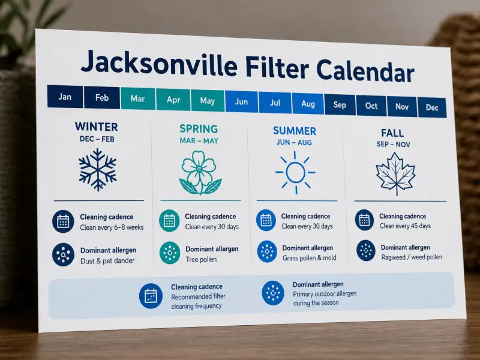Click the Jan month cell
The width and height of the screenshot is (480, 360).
point(65,97)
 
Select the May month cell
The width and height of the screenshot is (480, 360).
point(208,100)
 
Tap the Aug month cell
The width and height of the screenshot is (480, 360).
point(308,104)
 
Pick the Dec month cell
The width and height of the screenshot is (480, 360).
point(431,107)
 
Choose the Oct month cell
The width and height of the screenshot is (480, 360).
point(371,106)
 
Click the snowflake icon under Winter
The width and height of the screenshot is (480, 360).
point(98,169)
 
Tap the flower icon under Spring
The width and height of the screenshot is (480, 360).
point(200,172)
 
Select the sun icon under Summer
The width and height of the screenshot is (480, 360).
point(295,172)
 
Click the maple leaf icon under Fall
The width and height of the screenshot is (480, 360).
point(395,173)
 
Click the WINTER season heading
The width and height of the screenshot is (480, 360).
point(96,127)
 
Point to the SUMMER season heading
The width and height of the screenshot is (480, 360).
point(295,131)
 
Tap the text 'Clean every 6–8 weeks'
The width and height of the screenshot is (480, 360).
point(112,227)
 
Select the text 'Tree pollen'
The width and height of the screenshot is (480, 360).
point(201,259)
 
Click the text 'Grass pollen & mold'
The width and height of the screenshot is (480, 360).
point(309,258)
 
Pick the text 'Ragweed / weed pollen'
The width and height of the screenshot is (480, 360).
point(412,257)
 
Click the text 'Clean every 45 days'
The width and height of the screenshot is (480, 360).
point(406,226)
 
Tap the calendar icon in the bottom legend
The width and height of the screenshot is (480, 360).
point(151,296)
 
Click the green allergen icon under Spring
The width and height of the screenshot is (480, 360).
point(170,253)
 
